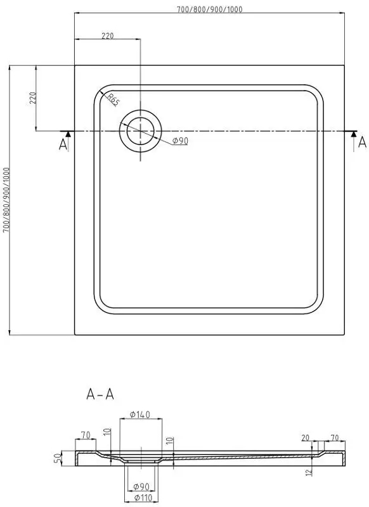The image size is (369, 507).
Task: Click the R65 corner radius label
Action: (x=113, y=100)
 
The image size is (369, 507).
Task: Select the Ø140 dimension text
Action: (x=140, y=414)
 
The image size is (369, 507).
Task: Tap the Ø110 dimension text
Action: (x=143, y=497)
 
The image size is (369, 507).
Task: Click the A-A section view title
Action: (x=100, y=394)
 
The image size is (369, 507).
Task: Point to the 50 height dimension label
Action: (x=58, y=458)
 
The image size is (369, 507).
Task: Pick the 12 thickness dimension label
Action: (x=309, y=472)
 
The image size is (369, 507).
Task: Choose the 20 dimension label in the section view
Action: (x=306, y=438)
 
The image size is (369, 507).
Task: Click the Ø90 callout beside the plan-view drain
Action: (x=180, y=141)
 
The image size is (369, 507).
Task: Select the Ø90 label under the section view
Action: (x=141, y=486)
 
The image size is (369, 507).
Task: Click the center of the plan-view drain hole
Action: (x=140, y=131)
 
